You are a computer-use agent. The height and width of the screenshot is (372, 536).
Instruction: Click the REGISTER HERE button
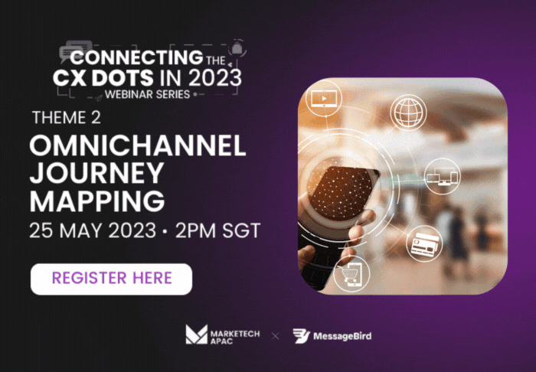pyautogui.click(x=112, y=279)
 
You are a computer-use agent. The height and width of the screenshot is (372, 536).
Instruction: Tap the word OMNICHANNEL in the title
pyautogui.click(x=138, y=146)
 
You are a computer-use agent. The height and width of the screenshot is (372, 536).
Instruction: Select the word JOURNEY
pyautogui.click(x=96, y=173)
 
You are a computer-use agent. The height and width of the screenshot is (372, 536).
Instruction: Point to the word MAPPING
pyautogui.click(x=97, y=201)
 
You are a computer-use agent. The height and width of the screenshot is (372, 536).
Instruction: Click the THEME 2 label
pyautogui.click(x=67, y=118)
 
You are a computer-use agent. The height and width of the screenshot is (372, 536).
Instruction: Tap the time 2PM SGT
pyautogui.click(x=218, y=230)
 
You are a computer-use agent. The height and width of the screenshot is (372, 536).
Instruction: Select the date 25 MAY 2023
pyautogui.click(x=93, y=230)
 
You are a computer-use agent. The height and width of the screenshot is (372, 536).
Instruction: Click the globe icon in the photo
pyautogui.click(x=408, y=112)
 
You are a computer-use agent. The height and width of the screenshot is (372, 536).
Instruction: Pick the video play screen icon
pyautogui.click(x=323, y=99)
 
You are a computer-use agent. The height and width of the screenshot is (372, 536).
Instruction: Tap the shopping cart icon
pyautogui.click(x=351, y=273)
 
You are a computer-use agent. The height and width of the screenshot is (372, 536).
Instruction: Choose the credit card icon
pyautogui.click(x=424, y=243)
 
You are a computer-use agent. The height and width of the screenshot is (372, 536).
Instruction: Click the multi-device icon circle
pyautogui.click(x=443, y=176)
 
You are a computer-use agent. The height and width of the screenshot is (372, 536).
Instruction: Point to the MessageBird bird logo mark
pyautogui.click(x=301, y=336)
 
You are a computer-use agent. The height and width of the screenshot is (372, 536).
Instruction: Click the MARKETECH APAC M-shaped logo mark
pyautogui.click(x=197, y=334)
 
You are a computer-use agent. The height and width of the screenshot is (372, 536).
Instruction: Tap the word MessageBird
pyautogui.click(x=342, y=337)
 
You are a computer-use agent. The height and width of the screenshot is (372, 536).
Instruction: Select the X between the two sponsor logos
pyautogui.click(x=275, y=337)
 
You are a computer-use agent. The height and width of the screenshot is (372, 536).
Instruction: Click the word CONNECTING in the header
pyautogui.click(x=137, y=57)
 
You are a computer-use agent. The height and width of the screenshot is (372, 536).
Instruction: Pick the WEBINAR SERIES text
pyautogui.click(x=147, y=94)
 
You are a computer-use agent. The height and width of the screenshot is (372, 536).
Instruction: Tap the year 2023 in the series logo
pyautogui.click(x=214, y=78)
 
